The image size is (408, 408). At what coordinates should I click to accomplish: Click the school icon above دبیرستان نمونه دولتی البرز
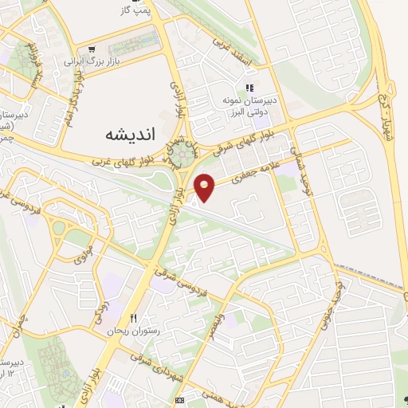coord(249,88)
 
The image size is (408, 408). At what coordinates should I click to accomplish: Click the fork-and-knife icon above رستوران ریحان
coord(143,318)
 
